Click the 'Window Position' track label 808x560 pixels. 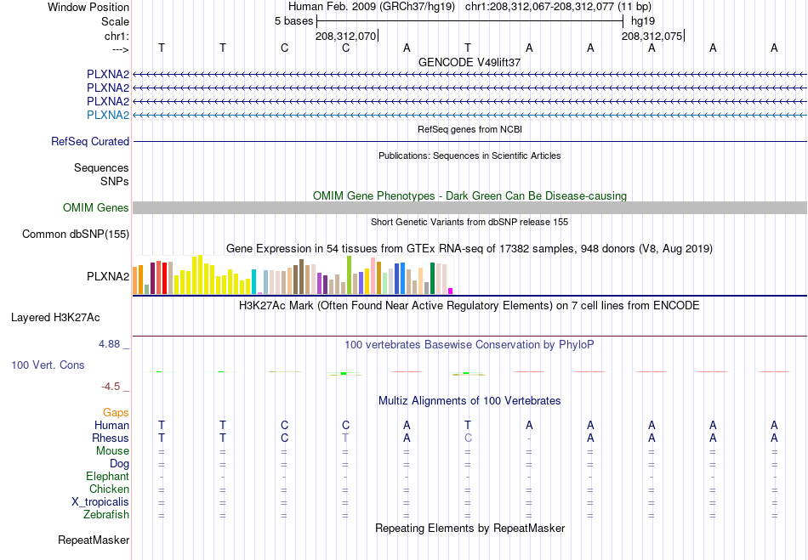(x=88, y=7)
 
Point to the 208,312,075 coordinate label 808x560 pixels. (x=652, y=36)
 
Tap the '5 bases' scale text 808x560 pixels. (x=293, y=21)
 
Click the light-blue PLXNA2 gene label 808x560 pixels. (x=108, y=115)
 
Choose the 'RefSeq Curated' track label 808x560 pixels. (x=90, y=142)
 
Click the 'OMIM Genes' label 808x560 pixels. (x=96, y=207)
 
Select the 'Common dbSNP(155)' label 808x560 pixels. (x=76, y=235)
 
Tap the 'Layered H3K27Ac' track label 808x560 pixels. (x=55, y=318)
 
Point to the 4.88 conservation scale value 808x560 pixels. (x=109, y=344)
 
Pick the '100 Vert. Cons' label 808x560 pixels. (x=48, y=365)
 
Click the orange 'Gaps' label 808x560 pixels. (x=116, y=413)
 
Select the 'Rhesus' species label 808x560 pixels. (x=111, y=438)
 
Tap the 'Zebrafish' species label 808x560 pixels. (x=106, y=514)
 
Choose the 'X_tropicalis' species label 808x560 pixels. (x=100, y=502)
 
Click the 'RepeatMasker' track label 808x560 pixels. (x=94, y=540)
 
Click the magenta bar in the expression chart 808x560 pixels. (x=451, y=291)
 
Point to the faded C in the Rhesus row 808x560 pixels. (x=468, y=438)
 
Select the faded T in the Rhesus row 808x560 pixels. (x=345, y=438)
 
